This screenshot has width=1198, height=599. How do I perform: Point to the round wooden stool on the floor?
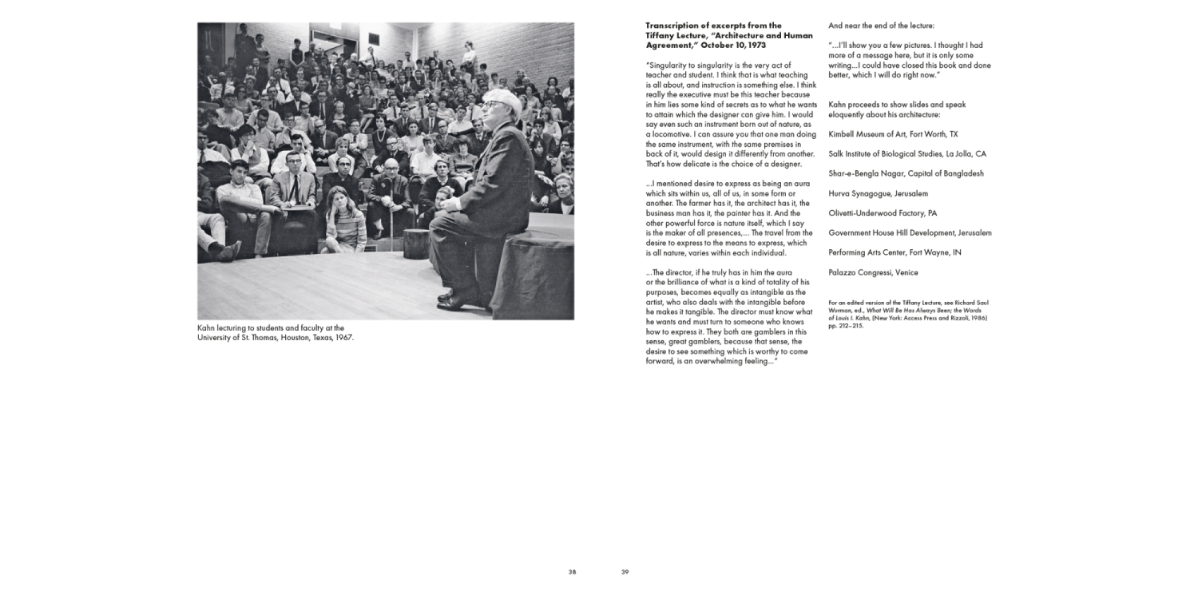pos(417,244)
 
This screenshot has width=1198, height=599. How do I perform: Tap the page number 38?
pos(572,572)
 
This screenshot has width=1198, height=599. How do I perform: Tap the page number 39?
pos(625,572)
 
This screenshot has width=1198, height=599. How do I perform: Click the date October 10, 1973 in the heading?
pos(734,46)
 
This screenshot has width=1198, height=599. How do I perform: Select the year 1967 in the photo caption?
pos(344,337)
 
